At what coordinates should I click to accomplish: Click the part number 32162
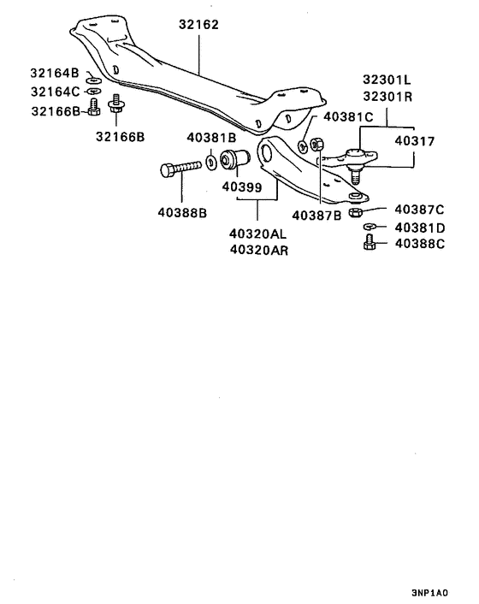[198, 25]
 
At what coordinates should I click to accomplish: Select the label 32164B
[55, 73]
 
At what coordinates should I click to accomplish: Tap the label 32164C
[55, 92]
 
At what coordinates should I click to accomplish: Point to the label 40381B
[211, 138]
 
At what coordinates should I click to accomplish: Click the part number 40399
[242, 187]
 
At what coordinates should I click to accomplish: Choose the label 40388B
[182, 213]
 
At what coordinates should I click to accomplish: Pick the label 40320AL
[257, 234]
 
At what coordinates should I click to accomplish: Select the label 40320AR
[259, 250]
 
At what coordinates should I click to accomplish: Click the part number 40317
[414, 141]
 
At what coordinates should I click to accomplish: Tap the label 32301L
[387, 80]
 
